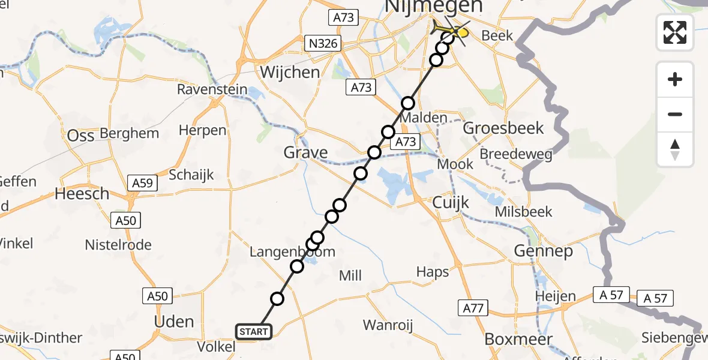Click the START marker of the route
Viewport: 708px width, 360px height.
click(254, 332)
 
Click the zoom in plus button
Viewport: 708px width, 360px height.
click(675, 79)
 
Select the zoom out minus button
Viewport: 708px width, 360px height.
click(675, 114)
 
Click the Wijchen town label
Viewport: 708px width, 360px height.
click(290, 73)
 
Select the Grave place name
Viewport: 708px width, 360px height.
click(306, 152)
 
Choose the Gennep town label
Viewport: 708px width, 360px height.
click(544, 251)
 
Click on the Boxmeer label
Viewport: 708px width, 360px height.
click(509, 339)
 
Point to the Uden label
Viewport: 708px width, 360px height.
click(174, 321)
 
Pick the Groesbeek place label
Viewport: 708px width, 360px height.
click(503, 128)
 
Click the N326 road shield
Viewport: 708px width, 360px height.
click(322, 43)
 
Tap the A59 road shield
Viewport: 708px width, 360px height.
click(142, 184)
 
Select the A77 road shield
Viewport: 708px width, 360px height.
click(472, 308)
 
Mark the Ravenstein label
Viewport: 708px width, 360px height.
click(212, 90)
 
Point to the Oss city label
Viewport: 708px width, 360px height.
click(80, 136)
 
